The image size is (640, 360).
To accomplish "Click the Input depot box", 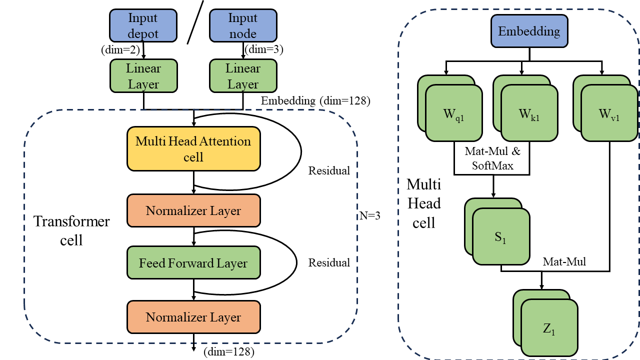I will click(143, 26).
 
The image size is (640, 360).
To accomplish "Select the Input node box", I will click(242, 26).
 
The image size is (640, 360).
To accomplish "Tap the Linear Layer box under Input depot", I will click(143, 75).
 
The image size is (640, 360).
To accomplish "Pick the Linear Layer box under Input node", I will click(243, 75).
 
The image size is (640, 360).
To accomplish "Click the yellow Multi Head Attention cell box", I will click(193, 149).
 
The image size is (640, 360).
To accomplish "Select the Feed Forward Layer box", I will click(193, 263).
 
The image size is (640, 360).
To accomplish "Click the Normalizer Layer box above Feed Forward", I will click(193, 211).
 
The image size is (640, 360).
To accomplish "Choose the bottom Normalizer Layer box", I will click(193, 317).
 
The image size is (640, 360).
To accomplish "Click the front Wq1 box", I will click(454, 112).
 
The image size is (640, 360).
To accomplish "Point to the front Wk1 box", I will click(529, 112).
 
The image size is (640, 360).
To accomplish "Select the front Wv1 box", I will click(609, 112).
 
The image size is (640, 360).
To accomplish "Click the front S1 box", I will click(501, 236).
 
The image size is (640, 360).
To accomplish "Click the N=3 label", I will click(369, 216).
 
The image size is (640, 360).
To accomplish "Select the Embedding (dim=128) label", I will click(315, 101).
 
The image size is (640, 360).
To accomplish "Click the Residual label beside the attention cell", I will click(329, 170).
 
